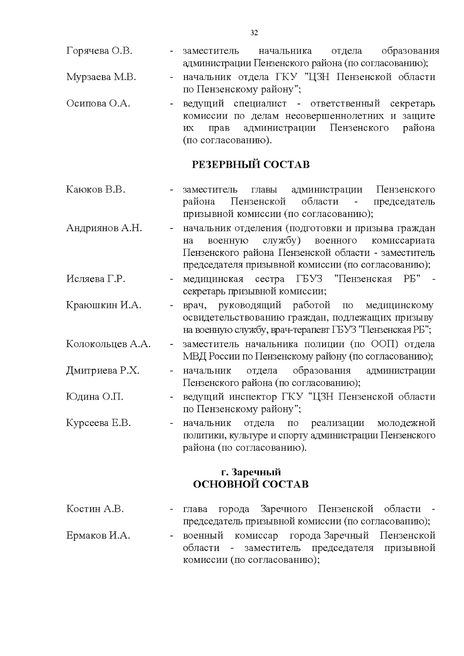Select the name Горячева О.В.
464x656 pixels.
pos(99,51)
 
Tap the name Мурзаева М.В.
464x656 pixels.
pos(101,77)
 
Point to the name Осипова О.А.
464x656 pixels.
pos(98,104)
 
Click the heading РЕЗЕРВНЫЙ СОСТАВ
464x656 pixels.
pos(251,165)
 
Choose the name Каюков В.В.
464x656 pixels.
pos(96,190)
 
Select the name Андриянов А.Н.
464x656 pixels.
pos(104,228)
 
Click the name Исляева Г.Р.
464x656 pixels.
pos(96,279)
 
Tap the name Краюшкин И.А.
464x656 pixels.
pos(104,305)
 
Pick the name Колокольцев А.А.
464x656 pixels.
pos(108,344)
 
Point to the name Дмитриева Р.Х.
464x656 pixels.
pos(103,371)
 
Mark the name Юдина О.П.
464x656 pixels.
pos(95,397)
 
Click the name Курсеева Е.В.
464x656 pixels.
pos(99,423)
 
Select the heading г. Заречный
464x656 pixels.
pos(251,472)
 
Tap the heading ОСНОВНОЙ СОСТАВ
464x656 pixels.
pos(251,485)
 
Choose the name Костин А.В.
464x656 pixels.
pos(95,509)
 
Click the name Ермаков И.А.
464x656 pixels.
pos(98,536)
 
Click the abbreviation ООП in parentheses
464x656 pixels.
pos(382,344)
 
